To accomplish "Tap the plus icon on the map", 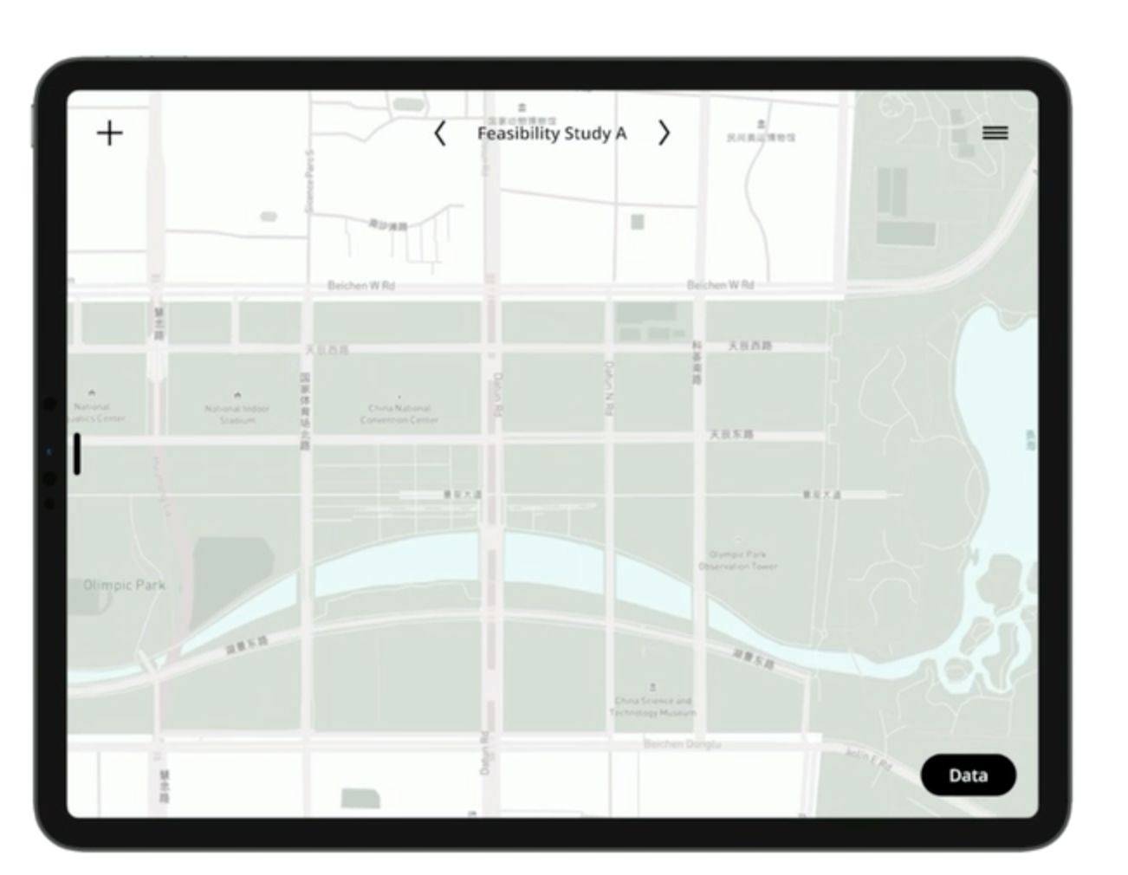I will (110, 133).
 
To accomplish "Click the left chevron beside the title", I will (440, 133).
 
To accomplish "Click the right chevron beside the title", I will (664, 133).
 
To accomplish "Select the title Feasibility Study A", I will (552, 133).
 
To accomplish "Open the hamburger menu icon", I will (995, 133).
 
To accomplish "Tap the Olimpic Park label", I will (124, 585).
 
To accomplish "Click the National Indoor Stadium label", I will (237, 414).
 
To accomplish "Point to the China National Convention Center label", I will (399, 414).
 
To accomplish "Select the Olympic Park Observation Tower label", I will (738, 561).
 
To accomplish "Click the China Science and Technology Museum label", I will (653, 707).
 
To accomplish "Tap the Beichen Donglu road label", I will (683, 744).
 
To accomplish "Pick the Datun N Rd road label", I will (608, 387).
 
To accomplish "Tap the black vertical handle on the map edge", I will (77, 454).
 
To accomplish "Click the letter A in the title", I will (620, 133).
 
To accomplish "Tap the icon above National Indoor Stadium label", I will (237, 395).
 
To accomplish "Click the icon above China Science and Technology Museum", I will (652, 687).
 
